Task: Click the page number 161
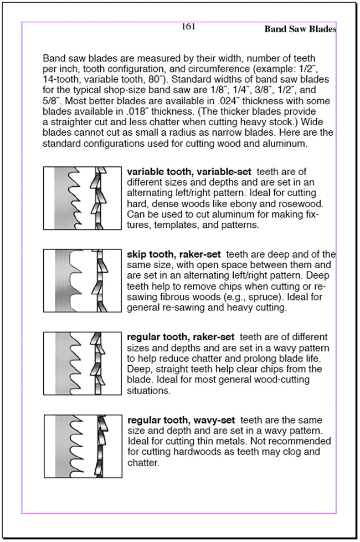tap(188, 27)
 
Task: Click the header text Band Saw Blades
tap(300, 29)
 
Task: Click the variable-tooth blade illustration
tap(82, 198)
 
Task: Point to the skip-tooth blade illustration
tap(82, 280)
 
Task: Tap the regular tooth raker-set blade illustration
tap(82, 363)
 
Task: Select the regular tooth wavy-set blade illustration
tap(82, 446)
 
